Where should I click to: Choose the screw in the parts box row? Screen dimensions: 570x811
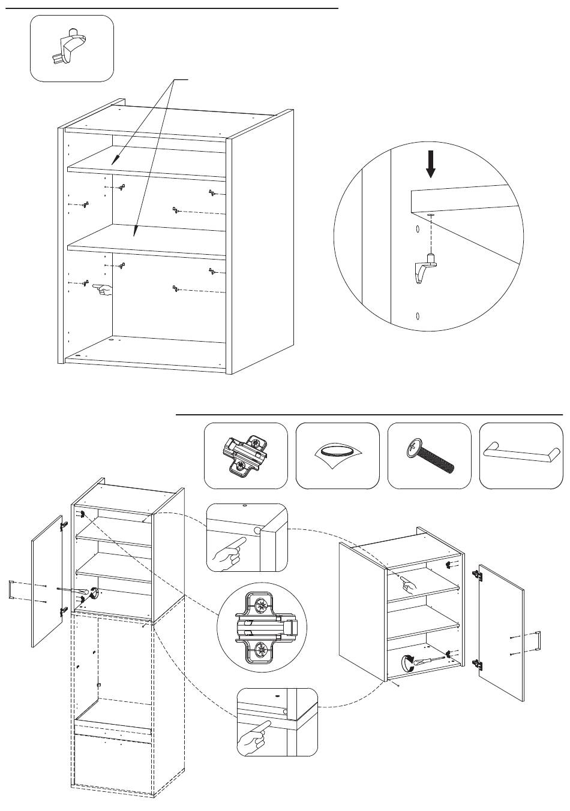tap(429, 455)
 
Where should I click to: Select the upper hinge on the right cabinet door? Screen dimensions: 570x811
tap(478, 574)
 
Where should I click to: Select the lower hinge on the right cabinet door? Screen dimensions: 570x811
tap(478, 664)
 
